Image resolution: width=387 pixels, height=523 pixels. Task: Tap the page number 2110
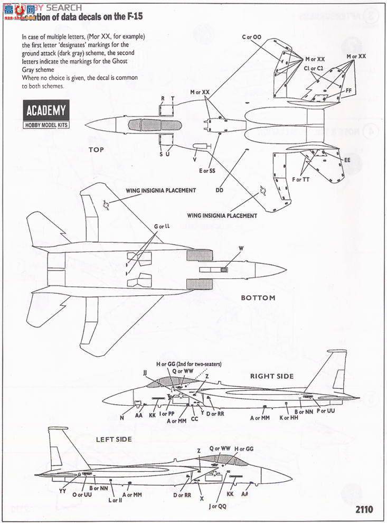pyautogui.click(x=364, y=510)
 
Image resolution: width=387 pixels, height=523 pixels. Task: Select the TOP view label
pyautogui.click(x=96, y=150)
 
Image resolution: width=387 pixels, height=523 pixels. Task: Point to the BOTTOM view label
pyautogui.click(x=258, y=298)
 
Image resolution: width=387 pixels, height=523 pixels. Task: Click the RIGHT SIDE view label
pyautogui.click(x=272, y=376)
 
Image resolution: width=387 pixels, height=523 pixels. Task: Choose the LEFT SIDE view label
pyautogui.click(x=114, y=439)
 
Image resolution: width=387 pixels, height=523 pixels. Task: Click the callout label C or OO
pyautogui.click(x=252, y=37)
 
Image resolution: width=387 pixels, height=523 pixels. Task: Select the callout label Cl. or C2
pyautogui.click(x=314, y=68)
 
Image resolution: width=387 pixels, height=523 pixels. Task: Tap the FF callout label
pyautogui.click(x=348, y=90)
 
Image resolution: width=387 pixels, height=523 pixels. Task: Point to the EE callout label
pyautogui.click(x=347, y=160)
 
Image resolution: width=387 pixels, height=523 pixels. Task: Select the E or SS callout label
pyautogui.click(x=207, y=171)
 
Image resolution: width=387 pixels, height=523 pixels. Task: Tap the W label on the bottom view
pyautogui.click(x=241, y=248)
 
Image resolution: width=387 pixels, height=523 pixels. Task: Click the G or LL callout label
pyautogui.click(x=162, y=227)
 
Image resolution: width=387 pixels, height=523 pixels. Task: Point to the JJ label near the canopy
pyautogui.click(x=145, y=372)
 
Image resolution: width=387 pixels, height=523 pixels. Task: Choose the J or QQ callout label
pyautogui.click(x=218, y=506)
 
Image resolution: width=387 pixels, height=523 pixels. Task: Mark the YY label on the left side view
pyautogui.click(x=62, y=491)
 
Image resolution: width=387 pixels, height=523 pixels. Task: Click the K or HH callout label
pyautogui.click(x=288, y=418)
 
